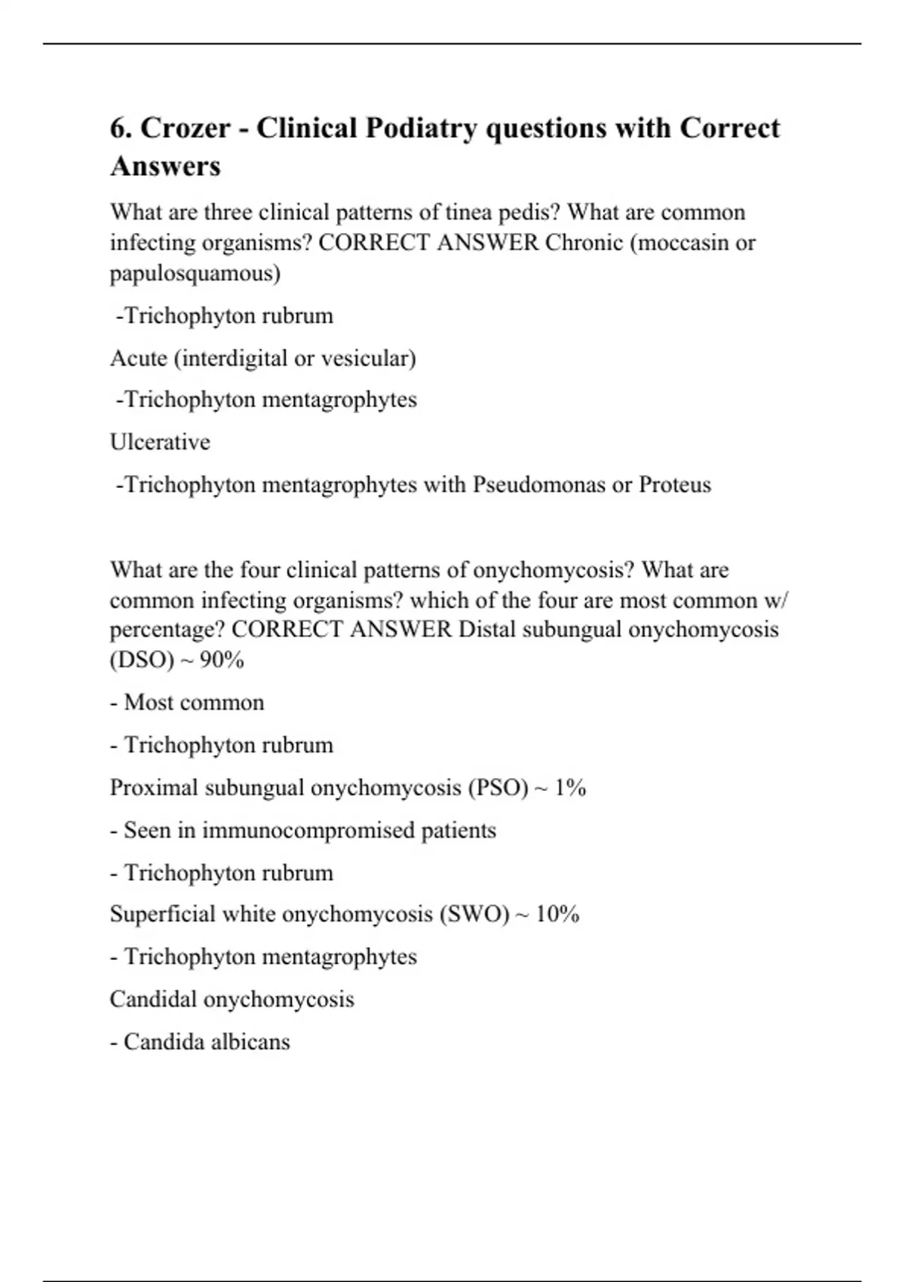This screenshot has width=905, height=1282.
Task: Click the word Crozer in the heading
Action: coord(186,128)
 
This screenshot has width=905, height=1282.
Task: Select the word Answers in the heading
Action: coord(165,166)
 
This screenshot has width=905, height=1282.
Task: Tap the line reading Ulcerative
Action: coord(160,442)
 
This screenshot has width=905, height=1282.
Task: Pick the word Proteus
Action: coord(675,484)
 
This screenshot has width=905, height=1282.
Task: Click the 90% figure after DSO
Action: coord(222,661)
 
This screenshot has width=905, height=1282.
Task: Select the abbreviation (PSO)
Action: coord(498,788)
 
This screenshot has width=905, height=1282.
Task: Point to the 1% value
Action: coord(570,788)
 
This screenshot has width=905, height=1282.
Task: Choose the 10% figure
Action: coord(557,915)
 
